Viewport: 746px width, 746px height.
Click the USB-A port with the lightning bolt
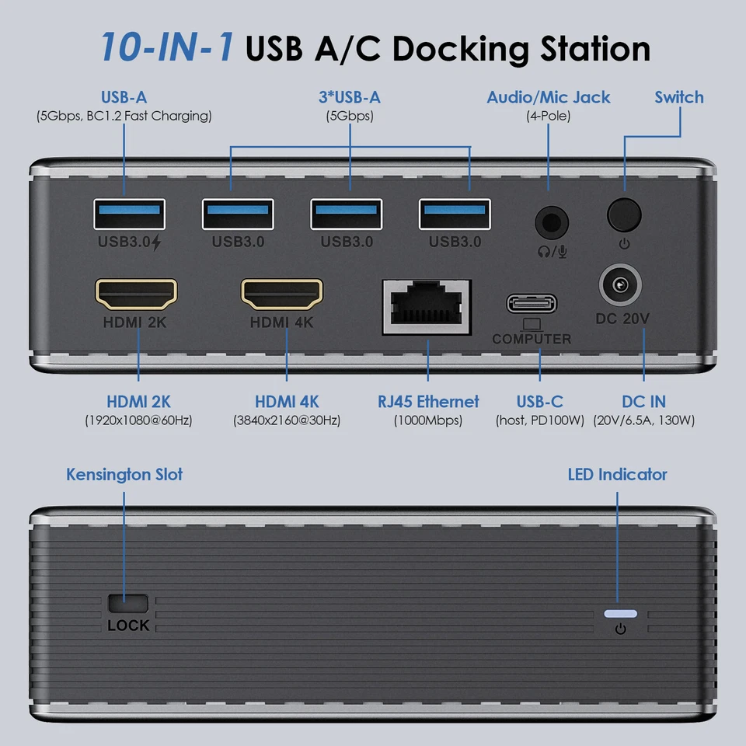pos(129,214)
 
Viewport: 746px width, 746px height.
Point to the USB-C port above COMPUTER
pos(532,303)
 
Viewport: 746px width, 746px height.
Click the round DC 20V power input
pos(622,287)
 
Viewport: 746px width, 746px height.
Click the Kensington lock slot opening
pos(129,602)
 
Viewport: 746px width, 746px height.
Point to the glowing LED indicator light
pos(620,613)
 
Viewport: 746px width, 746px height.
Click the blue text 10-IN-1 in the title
pos(167,47)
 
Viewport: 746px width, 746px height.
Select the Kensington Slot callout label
pos(124,474)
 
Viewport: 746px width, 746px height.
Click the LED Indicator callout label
pos(617,474)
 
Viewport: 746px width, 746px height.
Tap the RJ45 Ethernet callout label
pos(428,402)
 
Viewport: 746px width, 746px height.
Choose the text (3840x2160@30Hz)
pos(287,420)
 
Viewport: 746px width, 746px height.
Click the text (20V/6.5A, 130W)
pos(643,420)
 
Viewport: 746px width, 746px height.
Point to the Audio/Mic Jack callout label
pos(548,97)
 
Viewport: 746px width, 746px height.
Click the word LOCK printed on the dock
pos(129,626)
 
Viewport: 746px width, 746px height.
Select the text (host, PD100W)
pos(539,420)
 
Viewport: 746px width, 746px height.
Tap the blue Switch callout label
pos(678,97)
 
